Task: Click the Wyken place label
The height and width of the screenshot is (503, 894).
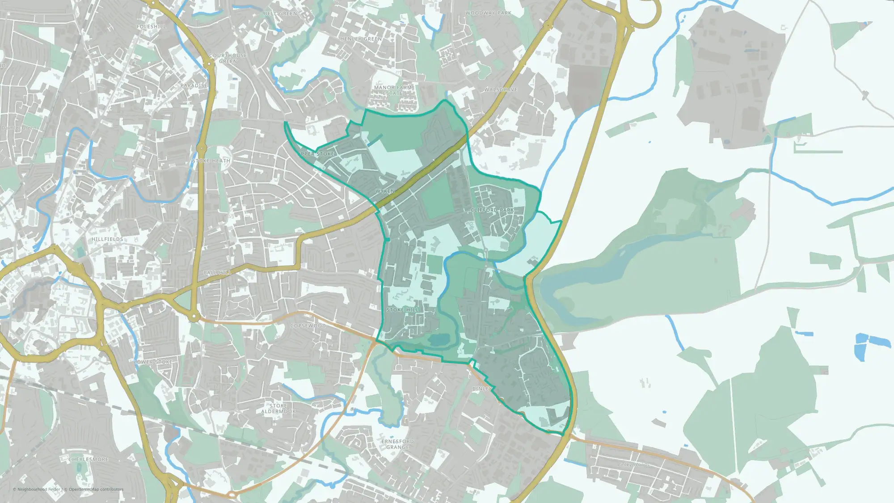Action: point(385,191)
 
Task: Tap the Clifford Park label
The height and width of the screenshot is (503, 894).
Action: point(492,210)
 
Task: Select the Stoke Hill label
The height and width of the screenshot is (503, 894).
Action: point(403,310)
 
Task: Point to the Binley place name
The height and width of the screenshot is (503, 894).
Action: point(482,389)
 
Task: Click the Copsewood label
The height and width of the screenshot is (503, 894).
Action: point(308,326)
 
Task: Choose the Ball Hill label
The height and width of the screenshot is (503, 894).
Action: point(217,273)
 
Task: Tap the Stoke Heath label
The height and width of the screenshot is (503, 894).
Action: point(211,161)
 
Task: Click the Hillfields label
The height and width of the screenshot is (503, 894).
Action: point(107,240)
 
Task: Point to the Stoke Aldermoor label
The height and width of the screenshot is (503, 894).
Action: point(278,409)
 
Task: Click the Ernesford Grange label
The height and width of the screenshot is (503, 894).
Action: point(397,444)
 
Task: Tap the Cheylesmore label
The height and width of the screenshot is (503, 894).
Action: point(89,459)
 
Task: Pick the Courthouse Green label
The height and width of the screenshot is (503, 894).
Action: point(228,58)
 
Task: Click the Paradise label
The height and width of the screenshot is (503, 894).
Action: point(194,85)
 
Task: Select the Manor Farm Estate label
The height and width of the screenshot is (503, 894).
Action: point(393,90)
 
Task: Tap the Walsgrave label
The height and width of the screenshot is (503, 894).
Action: point(501,90)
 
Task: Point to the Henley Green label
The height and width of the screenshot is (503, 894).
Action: point(361,39)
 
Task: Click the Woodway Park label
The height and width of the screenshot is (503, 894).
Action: point(488,13)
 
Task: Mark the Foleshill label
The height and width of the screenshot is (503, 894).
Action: point(151,27)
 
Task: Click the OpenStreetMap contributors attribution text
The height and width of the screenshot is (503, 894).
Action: point(96,490)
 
